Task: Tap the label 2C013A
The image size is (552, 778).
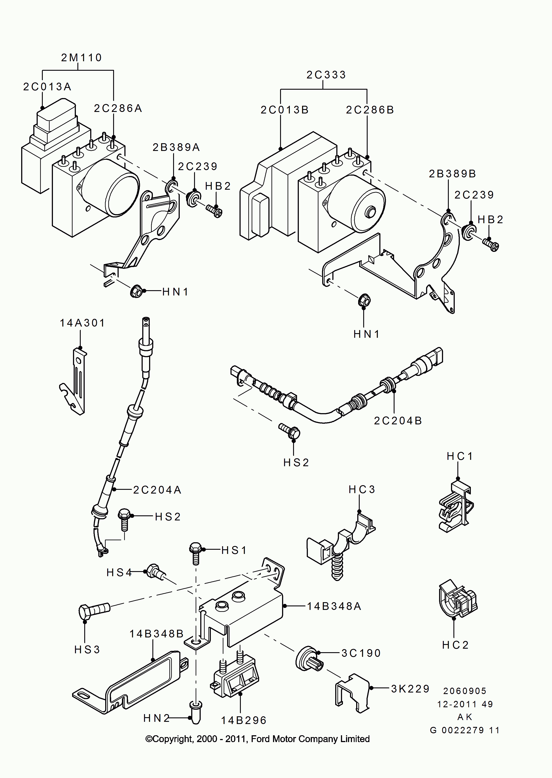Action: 47,87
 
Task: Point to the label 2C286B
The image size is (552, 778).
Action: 370,110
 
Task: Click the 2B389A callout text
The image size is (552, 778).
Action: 176,147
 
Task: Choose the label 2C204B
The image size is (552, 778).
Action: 398,421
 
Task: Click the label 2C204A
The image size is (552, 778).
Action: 157,490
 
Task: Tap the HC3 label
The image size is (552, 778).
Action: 362,489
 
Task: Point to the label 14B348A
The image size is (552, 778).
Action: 334,607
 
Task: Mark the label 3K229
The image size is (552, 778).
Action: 410,689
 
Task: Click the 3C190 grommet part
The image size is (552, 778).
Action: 308,659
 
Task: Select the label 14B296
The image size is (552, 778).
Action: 244,721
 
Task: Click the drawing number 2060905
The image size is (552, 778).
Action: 465,691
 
